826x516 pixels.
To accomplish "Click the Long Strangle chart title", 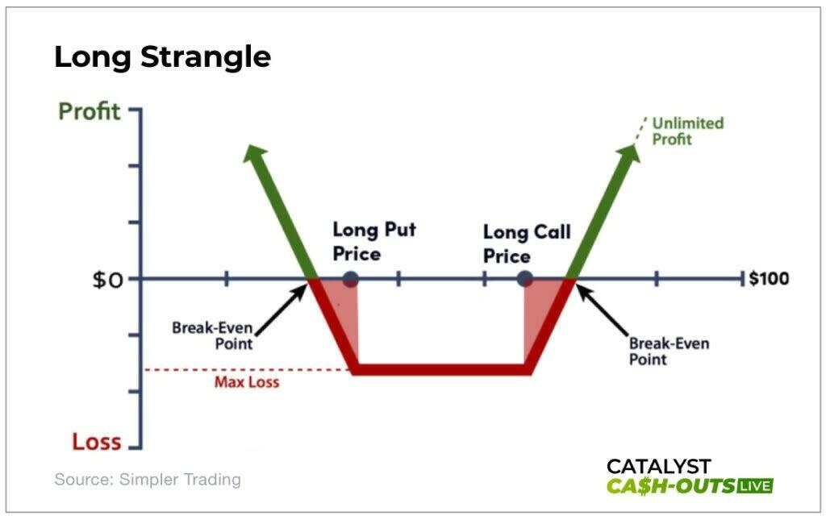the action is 162,57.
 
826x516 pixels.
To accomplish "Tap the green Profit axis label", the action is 89,111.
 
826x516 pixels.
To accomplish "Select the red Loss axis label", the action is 97,441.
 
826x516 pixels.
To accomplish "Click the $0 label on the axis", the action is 107,280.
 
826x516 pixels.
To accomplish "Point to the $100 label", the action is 769,278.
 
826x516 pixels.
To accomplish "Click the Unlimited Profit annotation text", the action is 687,131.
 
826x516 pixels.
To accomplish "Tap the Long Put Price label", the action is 374,242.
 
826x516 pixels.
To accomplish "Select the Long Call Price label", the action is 527,243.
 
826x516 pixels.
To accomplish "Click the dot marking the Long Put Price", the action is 350,279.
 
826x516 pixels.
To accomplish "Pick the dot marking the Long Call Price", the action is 524,278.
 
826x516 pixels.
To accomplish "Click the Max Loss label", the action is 247,381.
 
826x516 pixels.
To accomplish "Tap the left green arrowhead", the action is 254,153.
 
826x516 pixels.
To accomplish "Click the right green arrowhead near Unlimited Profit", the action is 629,153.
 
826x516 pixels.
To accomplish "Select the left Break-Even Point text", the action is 212,336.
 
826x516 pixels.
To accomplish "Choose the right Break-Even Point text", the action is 669,352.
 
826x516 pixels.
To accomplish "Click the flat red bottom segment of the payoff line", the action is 441,369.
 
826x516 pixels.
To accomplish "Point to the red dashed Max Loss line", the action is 248,369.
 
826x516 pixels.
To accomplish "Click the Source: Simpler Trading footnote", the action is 148,480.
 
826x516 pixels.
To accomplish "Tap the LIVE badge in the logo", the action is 755,485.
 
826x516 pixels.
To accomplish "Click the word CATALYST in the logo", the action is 658,467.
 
